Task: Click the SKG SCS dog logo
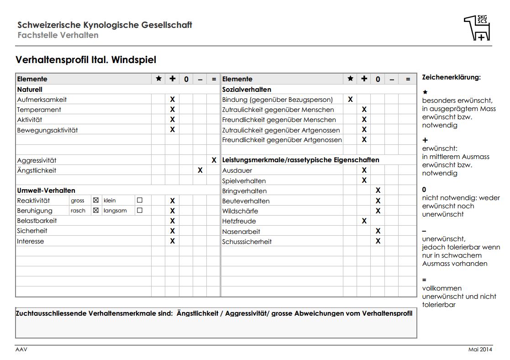point(477,28)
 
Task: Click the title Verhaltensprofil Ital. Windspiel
point(86,60)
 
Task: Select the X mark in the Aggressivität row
point(214,160)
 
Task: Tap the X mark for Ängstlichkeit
point(200,170)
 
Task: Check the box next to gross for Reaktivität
point(96,201)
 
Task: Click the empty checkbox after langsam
point(140,211)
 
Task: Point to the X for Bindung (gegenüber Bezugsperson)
point(350,100)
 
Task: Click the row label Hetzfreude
point(239,221)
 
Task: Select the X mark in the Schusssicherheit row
point(378,241)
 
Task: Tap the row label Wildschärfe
point(240,211)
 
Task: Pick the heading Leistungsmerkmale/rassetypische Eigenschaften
point(300,160)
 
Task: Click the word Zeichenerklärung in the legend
point(451,77)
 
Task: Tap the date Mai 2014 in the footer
point(480,349)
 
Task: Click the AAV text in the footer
point(21,349)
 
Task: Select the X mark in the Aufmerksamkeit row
point(173,100)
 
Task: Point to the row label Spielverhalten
point(244,181)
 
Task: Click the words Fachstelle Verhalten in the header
point(58,35)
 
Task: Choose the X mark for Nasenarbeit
point(378,231)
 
